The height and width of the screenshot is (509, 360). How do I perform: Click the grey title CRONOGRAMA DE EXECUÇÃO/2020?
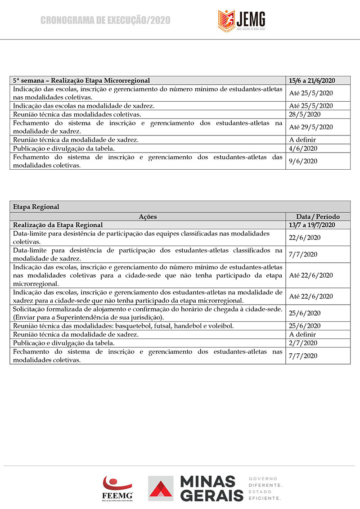(x=105, y=20)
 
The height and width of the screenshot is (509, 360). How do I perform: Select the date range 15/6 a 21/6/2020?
(x=312, y=81)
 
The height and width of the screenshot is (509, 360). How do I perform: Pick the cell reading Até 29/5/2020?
(x=310, y=127)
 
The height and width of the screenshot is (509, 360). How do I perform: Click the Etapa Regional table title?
(x=36, y=207)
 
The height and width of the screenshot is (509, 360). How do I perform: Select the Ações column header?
(x=148, y=216)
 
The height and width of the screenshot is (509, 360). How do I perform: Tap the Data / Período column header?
(x=318, y=216)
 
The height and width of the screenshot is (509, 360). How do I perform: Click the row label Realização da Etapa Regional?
(x=58, y=225)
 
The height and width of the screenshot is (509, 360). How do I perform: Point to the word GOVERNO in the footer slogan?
(x=263, y=478)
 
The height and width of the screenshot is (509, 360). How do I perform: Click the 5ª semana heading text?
(x=81, y=81)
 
